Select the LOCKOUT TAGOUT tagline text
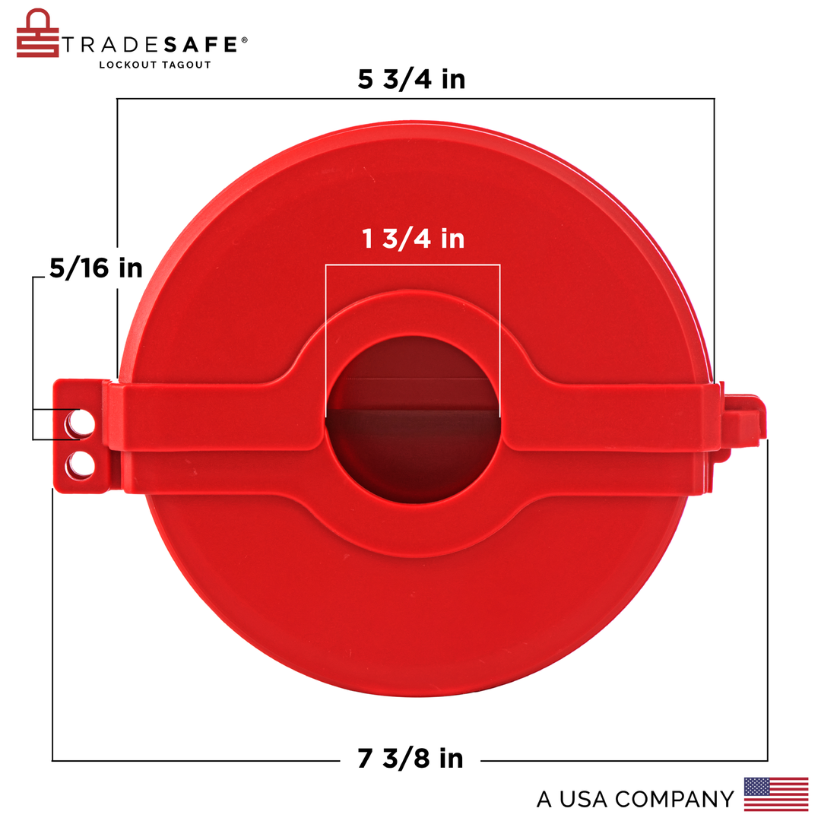point(155,65)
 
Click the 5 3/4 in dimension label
point(411,79)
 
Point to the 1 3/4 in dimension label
point(413,239)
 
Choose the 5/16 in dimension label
point(96,268)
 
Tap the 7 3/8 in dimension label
point(410,758)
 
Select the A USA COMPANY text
point(635,799)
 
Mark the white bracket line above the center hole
point(413,265)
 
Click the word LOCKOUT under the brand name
point(128,65)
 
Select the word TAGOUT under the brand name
point(186,65)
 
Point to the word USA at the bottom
point(585,799)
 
